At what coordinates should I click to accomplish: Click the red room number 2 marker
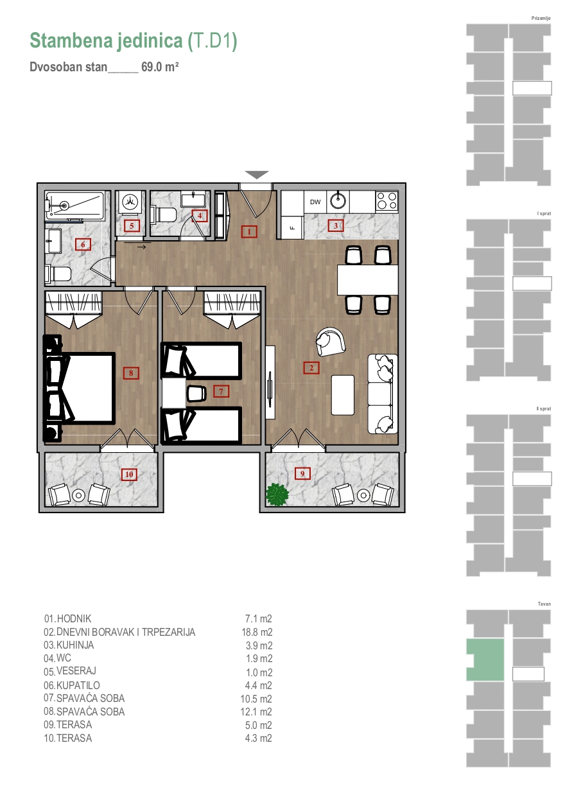(x=311, y=367)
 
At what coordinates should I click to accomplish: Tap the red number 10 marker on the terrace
(x=129, y=475)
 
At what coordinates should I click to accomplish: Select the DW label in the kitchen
(x=315, y=202)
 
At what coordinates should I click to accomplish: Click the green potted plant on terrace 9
(x=277, y=494)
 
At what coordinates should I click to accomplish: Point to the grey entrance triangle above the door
(x=257, y=174)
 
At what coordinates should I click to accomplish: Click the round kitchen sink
(x=338, y=200)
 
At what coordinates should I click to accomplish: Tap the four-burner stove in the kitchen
(x=387, y=200)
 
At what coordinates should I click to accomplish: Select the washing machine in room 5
(x=130, y=202)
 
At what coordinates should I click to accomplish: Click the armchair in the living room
(x=331, y=341)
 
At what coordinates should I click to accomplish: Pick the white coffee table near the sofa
(x=343, y=395)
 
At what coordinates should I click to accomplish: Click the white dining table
(x=367, y=279)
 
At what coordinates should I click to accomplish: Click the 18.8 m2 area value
(x=257, y=632)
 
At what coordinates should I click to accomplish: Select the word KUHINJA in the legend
(x=75, y=645)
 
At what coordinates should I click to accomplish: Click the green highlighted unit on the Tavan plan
(x=485, y=660)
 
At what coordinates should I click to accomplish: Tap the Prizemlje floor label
(x=541, y=18)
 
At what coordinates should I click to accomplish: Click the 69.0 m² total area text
(x=160, y=67)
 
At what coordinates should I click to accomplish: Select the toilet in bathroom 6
(x=58, y=274)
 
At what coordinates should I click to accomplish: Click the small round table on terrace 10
(x=78, y=495)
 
